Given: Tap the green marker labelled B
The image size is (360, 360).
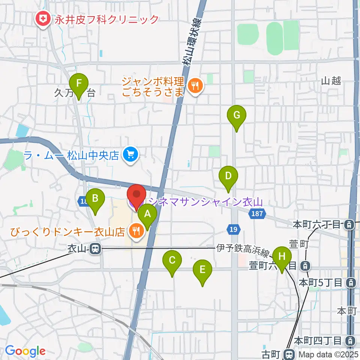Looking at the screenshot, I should pos(95,198).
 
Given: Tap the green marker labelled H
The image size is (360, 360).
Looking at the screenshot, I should pos(282,257).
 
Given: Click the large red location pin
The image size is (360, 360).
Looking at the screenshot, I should pos(136,196).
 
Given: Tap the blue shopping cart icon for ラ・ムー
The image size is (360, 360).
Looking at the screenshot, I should pos(130,154).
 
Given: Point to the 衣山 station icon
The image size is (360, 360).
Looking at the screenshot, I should pos(96,249).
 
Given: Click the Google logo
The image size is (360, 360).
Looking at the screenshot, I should pos(25,351).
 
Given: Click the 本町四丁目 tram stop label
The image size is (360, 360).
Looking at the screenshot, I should pos(318,341).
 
